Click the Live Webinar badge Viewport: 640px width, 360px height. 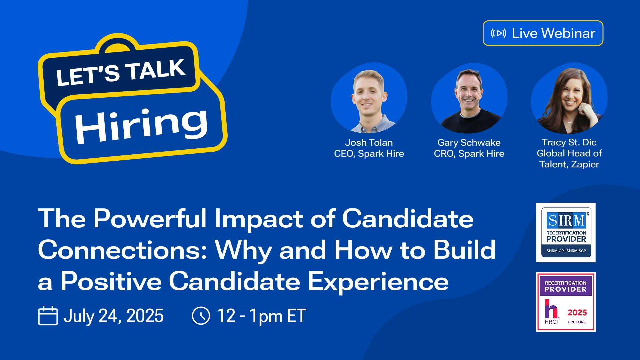point(543,33)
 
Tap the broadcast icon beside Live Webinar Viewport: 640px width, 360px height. point(498,33)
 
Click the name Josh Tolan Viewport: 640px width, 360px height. point(369,142)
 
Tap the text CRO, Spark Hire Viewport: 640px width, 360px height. point(469,154)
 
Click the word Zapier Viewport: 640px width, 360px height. point(585,164)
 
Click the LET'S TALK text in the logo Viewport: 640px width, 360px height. point(120,72)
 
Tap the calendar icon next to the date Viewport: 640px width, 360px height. point(48,316)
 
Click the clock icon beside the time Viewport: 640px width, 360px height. point(201,316)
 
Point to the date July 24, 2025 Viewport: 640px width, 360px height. point(113,316)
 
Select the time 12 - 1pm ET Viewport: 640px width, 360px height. point(261,316)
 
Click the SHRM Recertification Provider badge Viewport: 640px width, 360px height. point(566,232)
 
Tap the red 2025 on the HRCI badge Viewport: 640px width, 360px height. point(577,312)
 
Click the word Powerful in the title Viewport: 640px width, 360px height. point(150,219)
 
